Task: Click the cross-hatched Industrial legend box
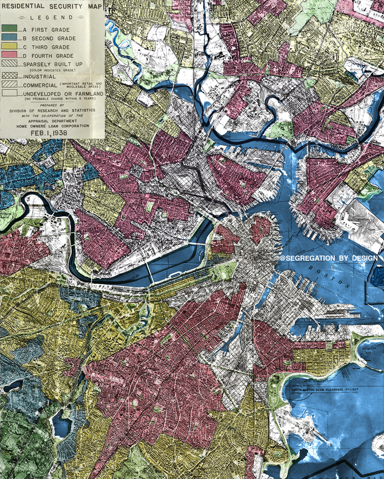[10, 76]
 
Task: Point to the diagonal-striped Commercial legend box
[10, 85]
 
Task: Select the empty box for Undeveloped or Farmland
[10, 94]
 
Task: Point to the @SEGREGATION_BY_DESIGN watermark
[329, 259]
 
